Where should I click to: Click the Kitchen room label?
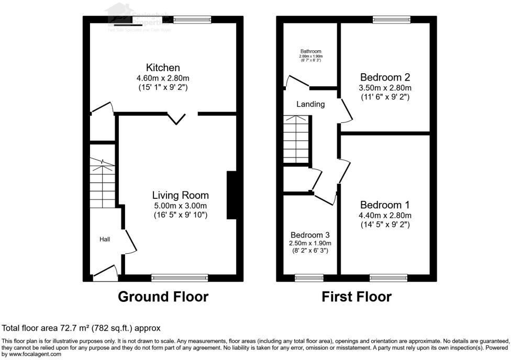point(163,68)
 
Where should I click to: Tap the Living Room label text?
point(181,195)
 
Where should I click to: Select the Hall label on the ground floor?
point(105,239)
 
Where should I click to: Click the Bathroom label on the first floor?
point(310,51)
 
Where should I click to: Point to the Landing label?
point(310,104)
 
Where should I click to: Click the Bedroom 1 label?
point(385,205)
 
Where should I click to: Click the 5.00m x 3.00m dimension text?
point(181,205)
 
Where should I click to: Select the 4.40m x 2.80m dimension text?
point(385,215)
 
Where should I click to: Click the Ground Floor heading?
point(163,297)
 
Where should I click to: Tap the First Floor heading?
point(357,297)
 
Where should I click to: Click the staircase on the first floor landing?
point(297,140)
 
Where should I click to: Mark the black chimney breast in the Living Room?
point(231,195)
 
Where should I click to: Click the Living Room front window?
point(180,277)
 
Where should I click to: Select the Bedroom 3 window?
point(309,277)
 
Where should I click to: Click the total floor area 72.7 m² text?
point(81,328)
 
